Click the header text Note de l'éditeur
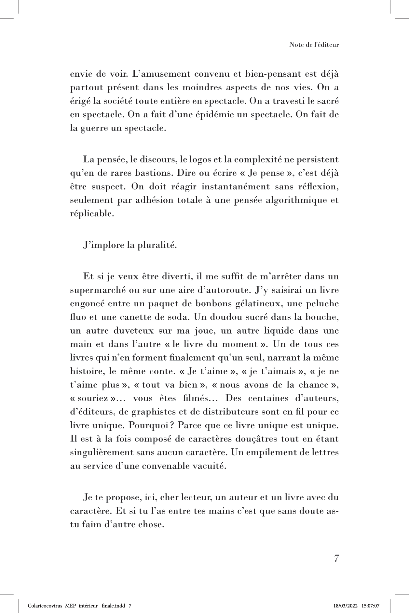(314, 45)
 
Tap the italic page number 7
(336, 558)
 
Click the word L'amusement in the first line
(161, 74)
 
